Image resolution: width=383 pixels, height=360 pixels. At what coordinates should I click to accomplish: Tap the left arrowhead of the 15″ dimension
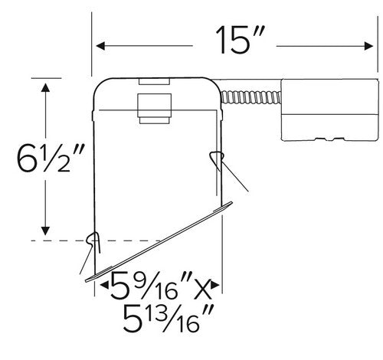(x=97, y=44)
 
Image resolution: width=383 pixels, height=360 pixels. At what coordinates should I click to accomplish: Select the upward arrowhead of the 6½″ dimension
(x=47, y=85)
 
